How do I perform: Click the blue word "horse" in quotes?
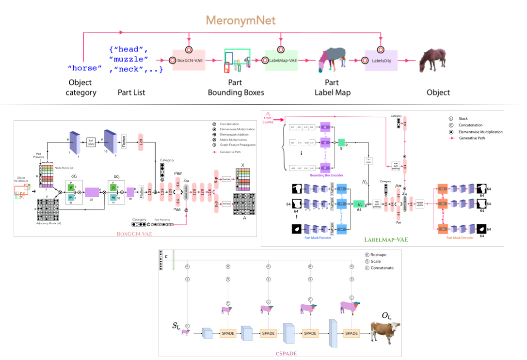[x=85, y=68]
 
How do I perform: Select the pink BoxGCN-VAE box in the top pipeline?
[x=189, y=61]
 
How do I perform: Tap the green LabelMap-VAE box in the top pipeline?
[x=280, y=61]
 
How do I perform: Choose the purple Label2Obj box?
[x=381, y=61]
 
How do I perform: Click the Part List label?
[x=131, y=92]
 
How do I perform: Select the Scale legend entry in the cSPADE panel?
[x=376, y=261]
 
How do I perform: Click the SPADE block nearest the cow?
[x=351, y=333]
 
